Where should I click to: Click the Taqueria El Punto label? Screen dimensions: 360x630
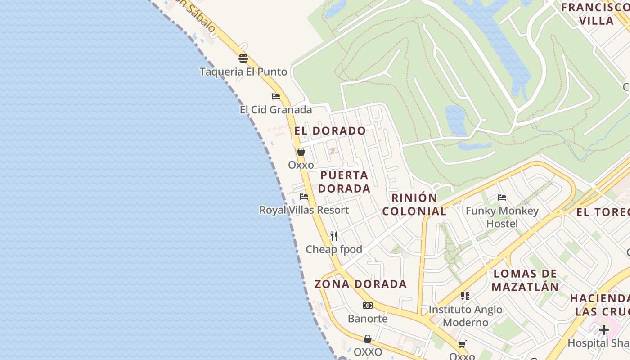243,72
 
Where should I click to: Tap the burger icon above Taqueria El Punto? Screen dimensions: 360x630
243,58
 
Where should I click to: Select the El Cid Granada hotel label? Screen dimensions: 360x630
275,110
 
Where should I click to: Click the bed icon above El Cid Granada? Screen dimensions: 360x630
276,96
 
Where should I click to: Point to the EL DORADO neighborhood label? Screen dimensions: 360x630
330,131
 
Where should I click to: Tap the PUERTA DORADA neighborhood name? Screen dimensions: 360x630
344,182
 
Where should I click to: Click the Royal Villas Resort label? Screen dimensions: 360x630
304,210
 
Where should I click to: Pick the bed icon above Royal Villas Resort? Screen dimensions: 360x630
304,197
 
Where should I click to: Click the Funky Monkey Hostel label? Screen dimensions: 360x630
502,217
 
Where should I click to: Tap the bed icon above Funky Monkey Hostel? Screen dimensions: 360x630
502,197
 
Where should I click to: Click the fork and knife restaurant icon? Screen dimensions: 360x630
334,236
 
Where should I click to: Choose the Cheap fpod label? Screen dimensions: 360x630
334,249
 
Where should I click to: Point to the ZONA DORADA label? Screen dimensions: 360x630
360,284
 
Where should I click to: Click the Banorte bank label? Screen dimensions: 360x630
368,319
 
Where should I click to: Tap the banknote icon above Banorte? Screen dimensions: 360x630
368,306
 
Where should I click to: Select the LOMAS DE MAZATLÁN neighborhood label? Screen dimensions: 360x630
525,280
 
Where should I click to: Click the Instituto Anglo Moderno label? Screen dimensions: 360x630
465,316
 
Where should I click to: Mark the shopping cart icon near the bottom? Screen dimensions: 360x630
462,344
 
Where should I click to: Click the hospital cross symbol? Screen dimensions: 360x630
603,330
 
